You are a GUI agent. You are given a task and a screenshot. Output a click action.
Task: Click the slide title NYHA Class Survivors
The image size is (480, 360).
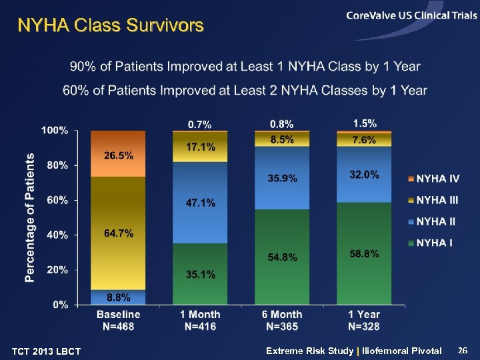pos(110,26)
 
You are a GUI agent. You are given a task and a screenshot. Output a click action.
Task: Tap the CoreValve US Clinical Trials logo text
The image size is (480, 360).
pos(411,16)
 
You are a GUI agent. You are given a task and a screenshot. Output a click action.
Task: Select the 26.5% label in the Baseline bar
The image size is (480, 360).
pos(119,155)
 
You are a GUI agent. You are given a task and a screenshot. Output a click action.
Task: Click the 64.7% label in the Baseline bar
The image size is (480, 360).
pos(119,233)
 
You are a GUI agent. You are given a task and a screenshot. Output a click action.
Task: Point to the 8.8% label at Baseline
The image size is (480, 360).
pos(119,297)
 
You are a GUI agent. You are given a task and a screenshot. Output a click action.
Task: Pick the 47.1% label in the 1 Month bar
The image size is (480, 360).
pos(201,203)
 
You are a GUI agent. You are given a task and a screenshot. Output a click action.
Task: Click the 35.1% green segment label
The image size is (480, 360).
pos(201,274)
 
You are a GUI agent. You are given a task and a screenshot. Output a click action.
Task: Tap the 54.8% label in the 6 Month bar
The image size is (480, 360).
pos(283,257)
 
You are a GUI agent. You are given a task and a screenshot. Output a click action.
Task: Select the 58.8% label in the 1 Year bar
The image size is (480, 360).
pos(364,253)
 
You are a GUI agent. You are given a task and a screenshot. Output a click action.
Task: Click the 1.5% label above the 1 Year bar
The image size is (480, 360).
pos(365,123)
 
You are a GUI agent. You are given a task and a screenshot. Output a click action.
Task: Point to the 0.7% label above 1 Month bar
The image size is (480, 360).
pos(200,125)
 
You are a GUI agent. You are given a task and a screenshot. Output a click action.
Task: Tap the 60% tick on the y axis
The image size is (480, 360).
pos(58,200)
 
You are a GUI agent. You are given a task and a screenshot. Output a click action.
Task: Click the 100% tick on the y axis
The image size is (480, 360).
pos(55,131)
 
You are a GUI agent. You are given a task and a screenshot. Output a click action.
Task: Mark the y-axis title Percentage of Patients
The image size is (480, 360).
pos(30,218)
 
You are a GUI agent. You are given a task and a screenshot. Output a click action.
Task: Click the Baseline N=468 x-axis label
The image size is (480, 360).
pos(119,320)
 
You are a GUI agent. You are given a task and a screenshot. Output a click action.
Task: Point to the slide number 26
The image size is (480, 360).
pos(464,350)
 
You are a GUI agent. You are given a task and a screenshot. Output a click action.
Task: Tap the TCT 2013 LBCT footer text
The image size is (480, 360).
pos(47,352)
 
